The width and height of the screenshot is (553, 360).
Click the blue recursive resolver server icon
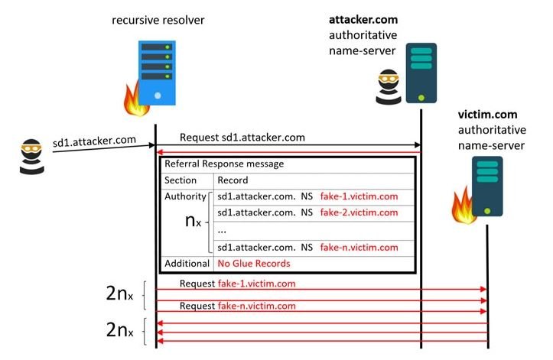[157, 73]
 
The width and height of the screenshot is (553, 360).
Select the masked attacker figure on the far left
[31, 157]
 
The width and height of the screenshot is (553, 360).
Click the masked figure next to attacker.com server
[389, 86]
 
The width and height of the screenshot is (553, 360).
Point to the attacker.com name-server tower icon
[421, 73]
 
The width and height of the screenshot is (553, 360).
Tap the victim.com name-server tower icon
[487, 186]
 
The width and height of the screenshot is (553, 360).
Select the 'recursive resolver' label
[158, 20]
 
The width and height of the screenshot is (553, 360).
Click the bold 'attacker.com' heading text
[363, 19]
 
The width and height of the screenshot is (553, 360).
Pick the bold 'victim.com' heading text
[488, 114]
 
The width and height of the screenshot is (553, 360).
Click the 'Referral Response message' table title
[224, 164]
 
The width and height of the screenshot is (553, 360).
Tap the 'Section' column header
[181, 180]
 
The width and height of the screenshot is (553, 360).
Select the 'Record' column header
[233, 180]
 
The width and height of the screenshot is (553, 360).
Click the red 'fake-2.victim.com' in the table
[359, 212]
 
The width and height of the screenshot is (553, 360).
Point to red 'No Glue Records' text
[254, 264]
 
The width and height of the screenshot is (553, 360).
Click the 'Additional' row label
[187, 264]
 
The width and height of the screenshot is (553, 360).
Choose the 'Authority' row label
[186, 196]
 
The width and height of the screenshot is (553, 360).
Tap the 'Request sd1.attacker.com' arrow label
[242, 137]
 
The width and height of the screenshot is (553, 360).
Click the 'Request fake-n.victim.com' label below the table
[238, 306]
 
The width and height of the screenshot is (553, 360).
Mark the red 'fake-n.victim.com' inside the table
[359, 247]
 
